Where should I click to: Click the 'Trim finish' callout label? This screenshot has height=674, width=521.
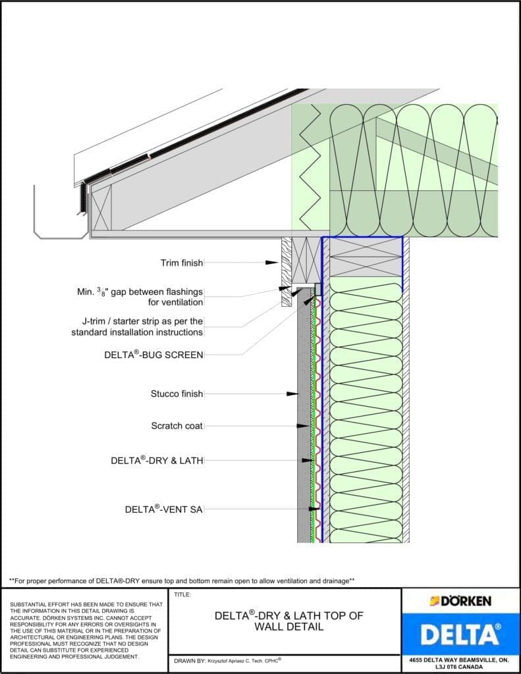tap(181, 263)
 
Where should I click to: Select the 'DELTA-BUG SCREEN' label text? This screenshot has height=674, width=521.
tap(153, 355)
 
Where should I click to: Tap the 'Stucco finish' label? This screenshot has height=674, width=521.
tap(177, 394)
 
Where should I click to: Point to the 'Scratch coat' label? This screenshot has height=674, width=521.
tap(177, 426)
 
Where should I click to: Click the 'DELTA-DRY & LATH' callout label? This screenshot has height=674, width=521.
tap(157, 461)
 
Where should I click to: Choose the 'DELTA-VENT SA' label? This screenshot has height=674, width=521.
tap(163, 509)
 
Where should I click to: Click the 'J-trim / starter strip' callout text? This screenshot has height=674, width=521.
tap(137, 326)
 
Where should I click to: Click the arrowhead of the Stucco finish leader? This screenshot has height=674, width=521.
tap(292, 394)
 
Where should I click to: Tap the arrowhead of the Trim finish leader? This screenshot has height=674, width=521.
tap(272, 263)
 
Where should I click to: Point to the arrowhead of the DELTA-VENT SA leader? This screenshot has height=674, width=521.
tap(316, 509)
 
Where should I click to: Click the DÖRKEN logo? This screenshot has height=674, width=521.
tap(460, 601)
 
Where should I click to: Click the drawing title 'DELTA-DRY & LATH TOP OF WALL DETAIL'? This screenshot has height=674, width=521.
tap(288, 621)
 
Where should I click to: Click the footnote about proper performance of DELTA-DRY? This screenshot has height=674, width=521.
tap(182, 581)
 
